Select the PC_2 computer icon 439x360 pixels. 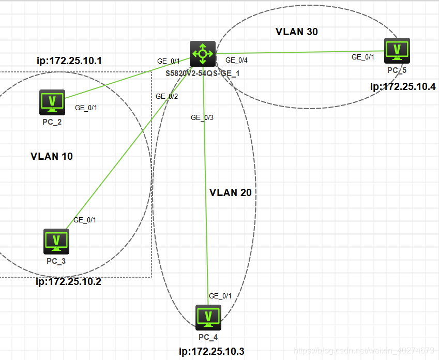52,102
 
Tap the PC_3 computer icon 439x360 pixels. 56,241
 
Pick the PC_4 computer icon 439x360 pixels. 208,317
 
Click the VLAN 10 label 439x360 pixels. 52,156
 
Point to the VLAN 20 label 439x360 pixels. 231,192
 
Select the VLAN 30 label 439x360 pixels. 297,32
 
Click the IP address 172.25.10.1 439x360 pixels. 69,61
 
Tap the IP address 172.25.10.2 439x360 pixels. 68,282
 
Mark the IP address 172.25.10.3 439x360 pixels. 211,352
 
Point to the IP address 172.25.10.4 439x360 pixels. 403,86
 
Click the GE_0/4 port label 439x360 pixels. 236,60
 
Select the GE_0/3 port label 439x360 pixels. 202,117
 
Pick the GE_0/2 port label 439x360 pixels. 166,96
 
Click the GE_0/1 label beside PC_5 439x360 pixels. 363,57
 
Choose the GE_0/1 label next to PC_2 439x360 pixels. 86,108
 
